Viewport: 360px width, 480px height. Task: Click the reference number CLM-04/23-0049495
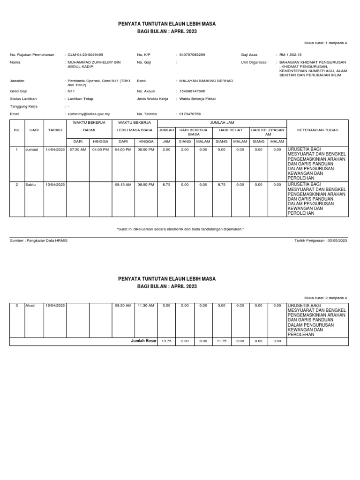point(85,55)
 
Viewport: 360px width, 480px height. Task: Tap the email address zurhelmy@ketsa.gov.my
point(89,114)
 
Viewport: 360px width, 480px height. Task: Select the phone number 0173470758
point(190,114)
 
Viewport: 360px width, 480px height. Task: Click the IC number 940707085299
point(192,55)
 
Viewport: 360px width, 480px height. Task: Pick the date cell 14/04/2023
point(55,150)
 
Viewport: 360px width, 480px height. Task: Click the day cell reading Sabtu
point(30,185)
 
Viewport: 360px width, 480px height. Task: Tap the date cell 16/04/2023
point(55,306)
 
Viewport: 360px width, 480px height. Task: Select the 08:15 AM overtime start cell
point(124,185)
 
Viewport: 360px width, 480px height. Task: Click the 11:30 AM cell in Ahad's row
point(146,306)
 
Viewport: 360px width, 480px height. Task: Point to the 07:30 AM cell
point(78,150)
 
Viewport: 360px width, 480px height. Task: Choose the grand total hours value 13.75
point(166,341)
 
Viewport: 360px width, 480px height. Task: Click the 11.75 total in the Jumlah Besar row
point(221,341)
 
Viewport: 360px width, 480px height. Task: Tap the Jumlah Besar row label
point(143,341)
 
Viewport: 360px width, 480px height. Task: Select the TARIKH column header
point(55,130)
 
